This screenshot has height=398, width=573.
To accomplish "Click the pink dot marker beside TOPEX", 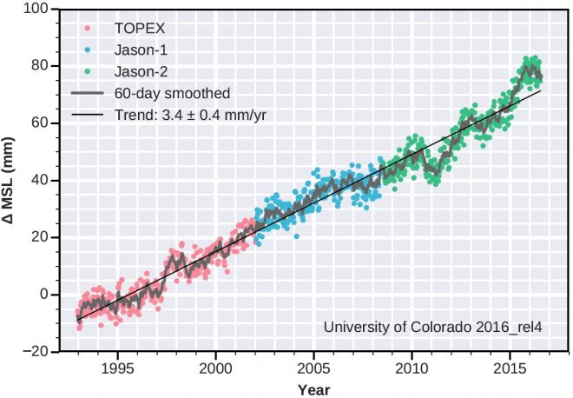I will (87, 27).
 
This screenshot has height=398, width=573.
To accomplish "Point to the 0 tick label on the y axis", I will (43, 295).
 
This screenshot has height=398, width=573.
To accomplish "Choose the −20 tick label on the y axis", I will (36, 352).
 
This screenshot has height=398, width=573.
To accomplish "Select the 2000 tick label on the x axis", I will (215, 367).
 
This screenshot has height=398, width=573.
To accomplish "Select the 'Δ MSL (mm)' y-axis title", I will (10, 180).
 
